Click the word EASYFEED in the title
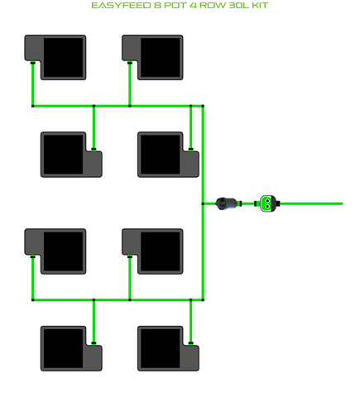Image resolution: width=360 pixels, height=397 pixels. click(x=121, y=6)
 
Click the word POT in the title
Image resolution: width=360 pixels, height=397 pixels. click(x=175, y=6)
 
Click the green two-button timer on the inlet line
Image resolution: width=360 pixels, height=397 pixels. click(x=267, y=203)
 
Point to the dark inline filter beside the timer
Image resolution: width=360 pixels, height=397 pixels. click(x=227, y=203)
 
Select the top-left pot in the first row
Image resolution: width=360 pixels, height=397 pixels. click(x=55, y=57)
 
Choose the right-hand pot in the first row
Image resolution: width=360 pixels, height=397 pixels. click(x=152, y=57)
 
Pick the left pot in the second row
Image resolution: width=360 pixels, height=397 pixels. click(x=71, y=155)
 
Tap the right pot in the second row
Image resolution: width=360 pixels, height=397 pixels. click(x=168, y=155)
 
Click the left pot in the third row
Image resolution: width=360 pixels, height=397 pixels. click(x=55, y=251)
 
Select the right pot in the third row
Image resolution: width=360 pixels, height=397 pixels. click(x=152, y=251)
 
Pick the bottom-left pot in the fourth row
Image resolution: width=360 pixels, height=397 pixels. click(x=71, y=348)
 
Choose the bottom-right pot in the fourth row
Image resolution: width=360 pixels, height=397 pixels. click(x=168, y=348)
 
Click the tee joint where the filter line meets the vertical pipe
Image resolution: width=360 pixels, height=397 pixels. click(x=203, y=203)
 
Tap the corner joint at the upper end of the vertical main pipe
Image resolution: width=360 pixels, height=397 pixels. click(x=203, y=106)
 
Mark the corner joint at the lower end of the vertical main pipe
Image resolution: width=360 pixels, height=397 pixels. click(x=203, y=299)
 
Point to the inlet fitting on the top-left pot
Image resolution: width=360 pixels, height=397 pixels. click(x=33, y=63)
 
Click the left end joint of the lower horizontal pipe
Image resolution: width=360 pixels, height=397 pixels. click(x=33, y=299)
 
